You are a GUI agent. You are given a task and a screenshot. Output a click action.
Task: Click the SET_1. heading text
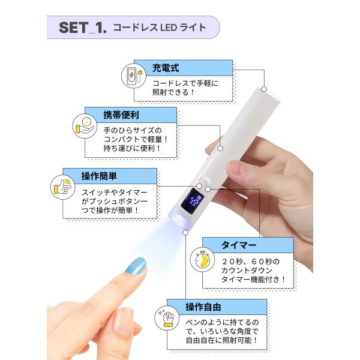coord(83,28)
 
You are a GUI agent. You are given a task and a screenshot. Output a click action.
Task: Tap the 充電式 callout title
coord(166,68)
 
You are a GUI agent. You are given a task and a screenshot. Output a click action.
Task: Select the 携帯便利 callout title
coord(121,115)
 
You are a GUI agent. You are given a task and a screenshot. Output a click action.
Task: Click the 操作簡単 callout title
coord(99,176)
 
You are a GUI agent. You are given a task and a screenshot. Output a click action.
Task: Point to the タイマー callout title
coord(239,245)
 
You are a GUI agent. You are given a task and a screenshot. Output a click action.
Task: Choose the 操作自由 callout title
coord(203,307)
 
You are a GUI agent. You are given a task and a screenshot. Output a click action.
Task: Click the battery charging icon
coord(134,76)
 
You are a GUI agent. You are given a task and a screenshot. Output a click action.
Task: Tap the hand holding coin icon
coord(85,126)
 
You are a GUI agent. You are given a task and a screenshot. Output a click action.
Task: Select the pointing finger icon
coord(62,187)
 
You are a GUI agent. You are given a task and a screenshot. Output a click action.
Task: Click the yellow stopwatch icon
coord(202,260)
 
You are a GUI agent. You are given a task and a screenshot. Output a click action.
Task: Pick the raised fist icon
coord(167,318)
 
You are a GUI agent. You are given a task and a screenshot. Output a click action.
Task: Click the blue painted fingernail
coord(136,266)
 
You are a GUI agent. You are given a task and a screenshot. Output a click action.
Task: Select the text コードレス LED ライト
coord(160,28)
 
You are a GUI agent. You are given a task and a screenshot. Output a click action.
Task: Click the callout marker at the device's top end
coord(264,89)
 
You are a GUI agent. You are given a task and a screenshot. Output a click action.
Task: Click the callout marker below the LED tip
coord(185,233)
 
